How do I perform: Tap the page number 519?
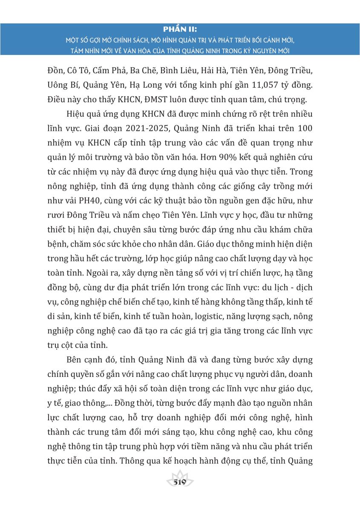point(180,482)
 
